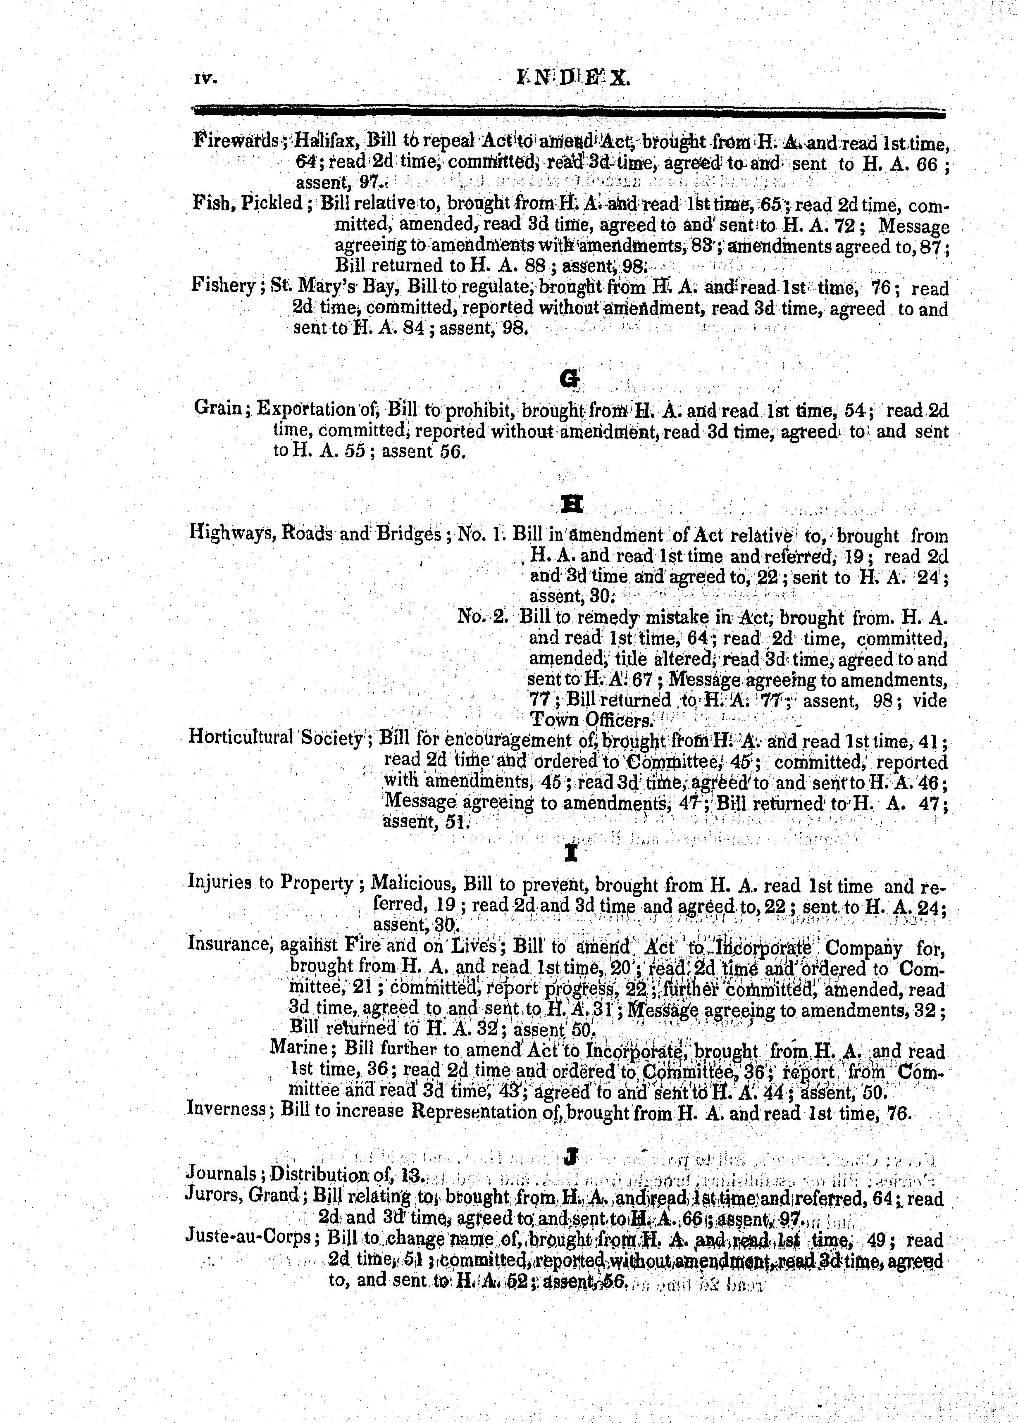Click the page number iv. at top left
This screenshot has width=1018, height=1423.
coord(205,80)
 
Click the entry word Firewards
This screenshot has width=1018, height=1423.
coord(236,140)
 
